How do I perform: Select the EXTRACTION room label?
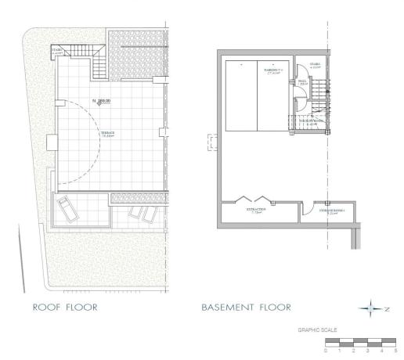point(257,210)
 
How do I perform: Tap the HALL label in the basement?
point(301,79)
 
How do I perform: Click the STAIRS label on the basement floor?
point(316,67)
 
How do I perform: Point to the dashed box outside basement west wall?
point(211,142)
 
